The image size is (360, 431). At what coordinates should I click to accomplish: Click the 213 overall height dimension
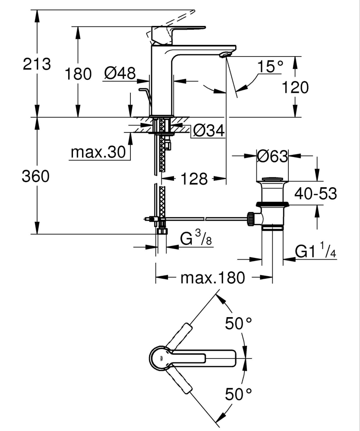(37, 65)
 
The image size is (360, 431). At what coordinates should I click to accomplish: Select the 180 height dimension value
(78, 74)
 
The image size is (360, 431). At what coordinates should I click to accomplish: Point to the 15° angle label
(271, 66)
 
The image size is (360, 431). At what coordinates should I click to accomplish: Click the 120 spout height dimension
(295, 88)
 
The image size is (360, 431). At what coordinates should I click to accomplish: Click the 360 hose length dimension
(37, 176)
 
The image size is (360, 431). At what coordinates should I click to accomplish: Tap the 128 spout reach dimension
(194, 179)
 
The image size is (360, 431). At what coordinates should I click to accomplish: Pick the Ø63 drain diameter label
(272, 156)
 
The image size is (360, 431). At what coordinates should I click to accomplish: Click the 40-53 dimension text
(315, 194)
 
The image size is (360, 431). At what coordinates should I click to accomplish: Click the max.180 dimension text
(212, 278)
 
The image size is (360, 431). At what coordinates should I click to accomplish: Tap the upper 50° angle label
(238, 324)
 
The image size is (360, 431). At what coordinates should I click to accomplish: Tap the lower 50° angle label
(238, 394)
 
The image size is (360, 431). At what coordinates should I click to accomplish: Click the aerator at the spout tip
(225, 54)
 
